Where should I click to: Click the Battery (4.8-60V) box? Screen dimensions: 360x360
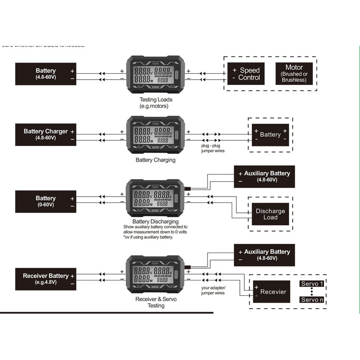point(45,74)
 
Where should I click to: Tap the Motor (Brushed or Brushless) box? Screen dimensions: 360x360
point(294,74)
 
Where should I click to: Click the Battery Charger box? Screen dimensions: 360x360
point(45,134)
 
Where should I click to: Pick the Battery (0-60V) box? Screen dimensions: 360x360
point(45,201)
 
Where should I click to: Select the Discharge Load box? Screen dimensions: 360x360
point(270,214)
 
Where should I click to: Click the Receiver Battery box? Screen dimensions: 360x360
point(45,279)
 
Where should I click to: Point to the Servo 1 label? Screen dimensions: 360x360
point(312,284)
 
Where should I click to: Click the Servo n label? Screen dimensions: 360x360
point(312,300)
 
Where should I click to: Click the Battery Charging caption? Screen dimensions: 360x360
point(156,160)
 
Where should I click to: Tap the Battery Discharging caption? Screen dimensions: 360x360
point(156,221)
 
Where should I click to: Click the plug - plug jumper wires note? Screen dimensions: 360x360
point(212,148)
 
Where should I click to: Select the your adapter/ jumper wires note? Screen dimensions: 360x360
point(213,290)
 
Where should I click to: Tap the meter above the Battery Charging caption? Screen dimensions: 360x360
point(156,134)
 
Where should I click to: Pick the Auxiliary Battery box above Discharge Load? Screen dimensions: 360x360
point(265,176)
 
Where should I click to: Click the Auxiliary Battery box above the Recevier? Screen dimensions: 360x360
point(265,255)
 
